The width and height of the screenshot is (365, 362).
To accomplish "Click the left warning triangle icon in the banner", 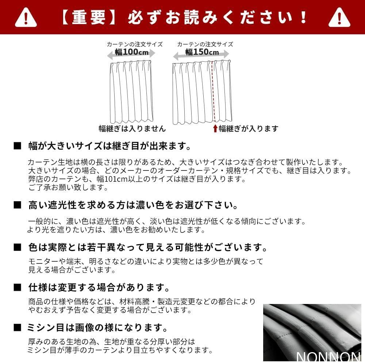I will pos(26,18).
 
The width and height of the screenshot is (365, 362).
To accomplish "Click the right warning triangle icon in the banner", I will pos(339,18).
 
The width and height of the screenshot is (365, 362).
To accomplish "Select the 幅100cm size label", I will pos(132,52).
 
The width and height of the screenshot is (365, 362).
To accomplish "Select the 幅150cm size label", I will pos(202,52).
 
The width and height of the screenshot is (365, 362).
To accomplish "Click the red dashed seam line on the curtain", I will pos(213,91).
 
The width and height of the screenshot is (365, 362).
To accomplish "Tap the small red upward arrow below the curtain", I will pos(215,128).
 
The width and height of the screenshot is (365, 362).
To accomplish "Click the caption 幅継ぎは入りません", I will pos(132,128).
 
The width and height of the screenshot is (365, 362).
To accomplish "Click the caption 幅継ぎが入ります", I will pos(248,128).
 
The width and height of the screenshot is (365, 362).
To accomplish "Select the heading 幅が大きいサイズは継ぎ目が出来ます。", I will pos(109,147).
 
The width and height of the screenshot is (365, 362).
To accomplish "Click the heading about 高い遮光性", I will pos(133,205).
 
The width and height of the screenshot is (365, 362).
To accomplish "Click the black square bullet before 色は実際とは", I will pos(17,248).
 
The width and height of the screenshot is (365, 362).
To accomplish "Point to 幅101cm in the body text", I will pos(124,179).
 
